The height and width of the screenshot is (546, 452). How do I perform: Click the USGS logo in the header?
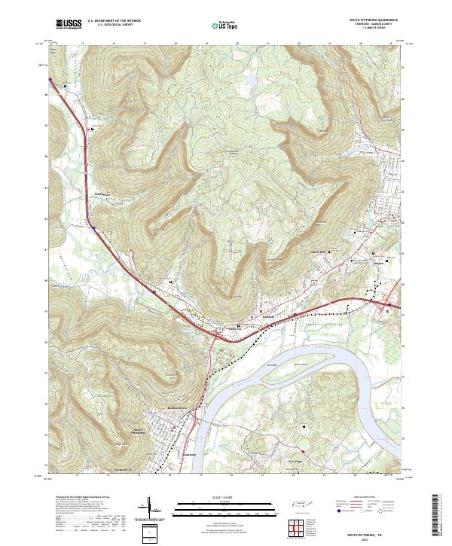(68, 24)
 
